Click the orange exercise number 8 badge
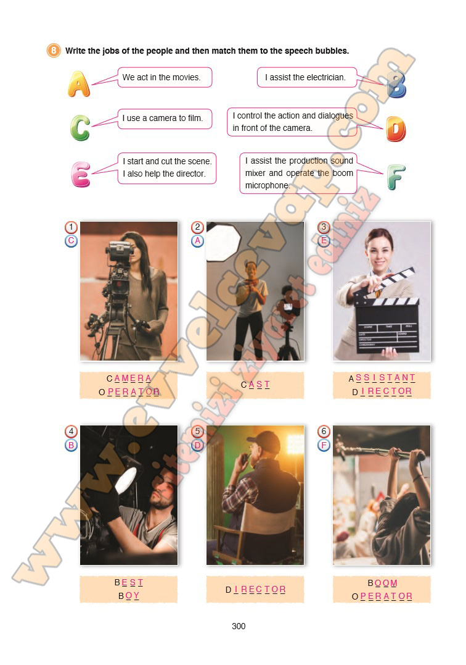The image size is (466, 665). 54,51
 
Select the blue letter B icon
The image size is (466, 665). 396,85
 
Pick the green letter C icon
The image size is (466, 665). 80,128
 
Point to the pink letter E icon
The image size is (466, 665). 80,174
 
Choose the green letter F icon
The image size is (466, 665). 396,177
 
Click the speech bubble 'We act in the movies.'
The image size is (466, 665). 165,77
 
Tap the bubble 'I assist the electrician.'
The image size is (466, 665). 307,77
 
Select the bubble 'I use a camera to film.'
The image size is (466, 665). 165,119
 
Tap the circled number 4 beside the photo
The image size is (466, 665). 71,432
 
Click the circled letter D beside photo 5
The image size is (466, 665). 197,445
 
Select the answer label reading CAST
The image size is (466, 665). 255,385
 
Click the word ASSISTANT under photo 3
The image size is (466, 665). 382,378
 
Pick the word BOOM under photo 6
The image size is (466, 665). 382,583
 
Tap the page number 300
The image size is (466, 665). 239,626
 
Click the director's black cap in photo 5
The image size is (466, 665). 264,441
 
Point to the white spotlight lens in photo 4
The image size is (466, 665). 126,480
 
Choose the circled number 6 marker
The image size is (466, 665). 324,432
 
